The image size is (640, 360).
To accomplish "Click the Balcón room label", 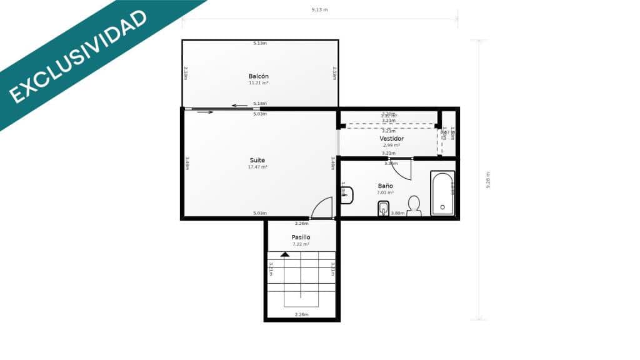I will pyautogui.click(x=259, y=76).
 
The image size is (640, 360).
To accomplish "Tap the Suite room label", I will pyautogui.click(x=257, y=160).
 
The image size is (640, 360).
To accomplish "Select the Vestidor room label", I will pyautogui.click(x=392, y=138).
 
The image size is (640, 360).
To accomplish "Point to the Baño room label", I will pyautogui.click(x=386, y=186).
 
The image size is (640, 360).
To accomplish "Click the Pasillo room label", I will pyautogui.click(x=301, y=237).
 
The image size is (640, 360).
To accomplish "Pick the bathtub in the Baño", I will pyautogui.click(x=442, y=193).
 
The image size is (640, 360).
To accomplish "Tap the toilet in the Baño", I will pyautogui.click(x=414, y=206).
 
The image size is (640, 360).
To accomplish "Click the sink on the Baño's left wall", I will pyautogui.click(x=346, y=195).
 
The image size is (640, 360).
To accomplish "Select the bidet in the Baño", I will pyautogui.click(x=384, y=209).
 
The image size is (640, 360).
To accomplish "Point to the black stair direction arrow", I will pyautogui.click(x=285, y=254).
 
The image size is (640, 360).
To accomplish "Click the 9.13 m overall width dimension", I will pyautogui.click(x=319, y=10).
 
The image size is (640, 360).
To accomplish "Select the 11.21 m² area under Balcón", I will pyautogui.click(x=259, y=83).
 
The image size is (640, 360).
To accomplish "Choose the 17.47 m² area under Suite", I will pyautogui.click(x=257, y=167).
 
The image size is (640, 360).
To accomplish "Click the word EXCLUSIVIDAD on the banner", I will pyautogui.click(x=78, y=57).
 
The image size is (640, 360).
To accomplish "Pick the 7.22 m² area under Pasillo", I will pyautogui.click(x=301, y=244).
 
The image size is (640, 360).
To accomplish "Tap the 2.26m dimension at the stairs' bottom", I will pyautogui.click(x=301, y=314).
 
